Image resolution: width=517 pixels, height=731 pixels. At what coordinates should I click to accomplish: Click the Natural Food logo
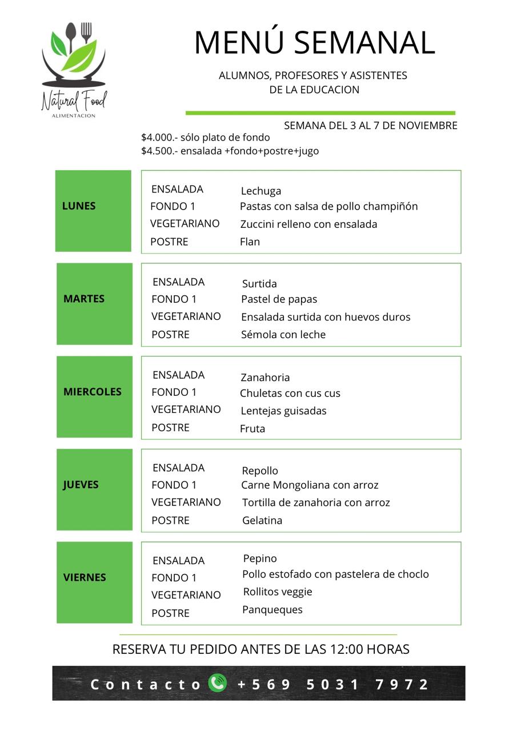point(74,69)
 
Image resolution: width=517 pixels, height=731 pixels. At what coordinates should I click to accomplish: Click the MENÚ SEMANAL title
point(314,43)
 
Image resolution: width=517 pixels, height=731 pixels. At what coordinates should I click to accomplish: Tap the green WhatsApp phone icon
point(217,683)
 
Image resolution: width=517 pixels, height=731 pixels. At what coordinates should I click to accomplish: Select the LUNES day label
point(79,206)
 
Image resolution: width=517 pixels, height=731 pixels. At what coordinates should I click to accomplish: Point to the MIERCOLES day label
point(93,392)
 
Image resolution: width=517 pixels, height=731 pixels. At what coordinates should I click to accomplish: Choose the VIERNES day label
point(85,577)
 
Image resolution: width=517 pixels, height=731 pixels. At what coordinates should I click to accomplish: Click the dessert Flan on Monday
point(250,242)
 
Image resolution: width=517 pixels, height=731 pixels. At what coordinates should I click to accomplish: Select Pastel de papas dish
point(279,299)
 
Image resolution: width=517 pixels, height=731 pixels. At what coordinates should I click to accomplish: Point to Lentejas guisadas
point(283,411)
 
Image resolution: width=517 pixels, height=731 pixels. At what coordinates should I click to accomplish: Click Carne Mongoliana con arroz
point(310,485)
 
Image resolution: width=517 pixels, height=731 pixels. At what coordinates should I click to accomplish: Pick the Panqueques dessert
point(272,610)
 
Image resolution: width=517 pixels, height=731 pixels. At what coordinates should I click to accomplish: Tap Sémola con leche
point(283,335)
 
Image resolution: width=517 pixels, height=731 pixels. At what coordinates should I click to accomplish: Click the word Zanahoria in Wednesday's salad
point(265,377)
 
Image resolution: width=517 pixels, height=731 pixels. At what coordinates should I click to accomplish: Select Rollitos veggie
point(278,592)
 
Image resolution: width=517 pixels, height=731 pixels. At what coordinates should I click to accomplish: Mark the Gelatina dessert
point(262,521)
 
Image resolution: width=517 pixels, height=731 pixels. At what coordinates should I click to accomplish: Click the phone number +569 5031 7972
point(333,684)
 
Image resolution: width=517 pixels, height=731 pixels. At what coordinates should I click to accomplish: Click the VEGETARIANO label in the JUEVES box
point(186,503)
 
